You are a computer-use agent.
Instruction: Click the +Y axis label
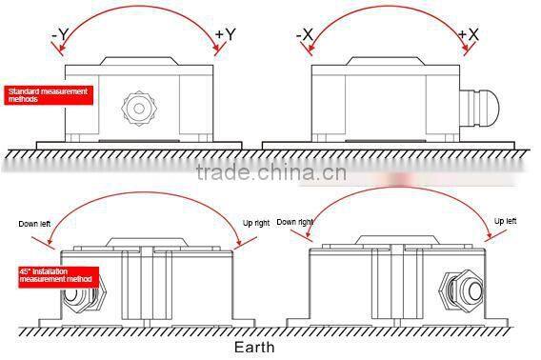pos(226,35)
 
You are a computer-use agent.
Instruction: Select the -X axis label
pos(305,35)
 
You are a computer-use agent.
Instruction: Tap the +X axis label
pos(469,35)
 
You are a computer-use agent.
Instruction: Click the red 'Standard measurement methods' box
pos(48,94)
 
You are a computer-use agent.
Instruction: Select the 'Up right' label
pos(257,224)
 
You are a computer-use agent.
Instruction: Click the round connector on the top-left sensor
pos(139,107)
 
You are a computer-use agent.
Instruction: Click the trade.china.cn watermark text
pos(270,173)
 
